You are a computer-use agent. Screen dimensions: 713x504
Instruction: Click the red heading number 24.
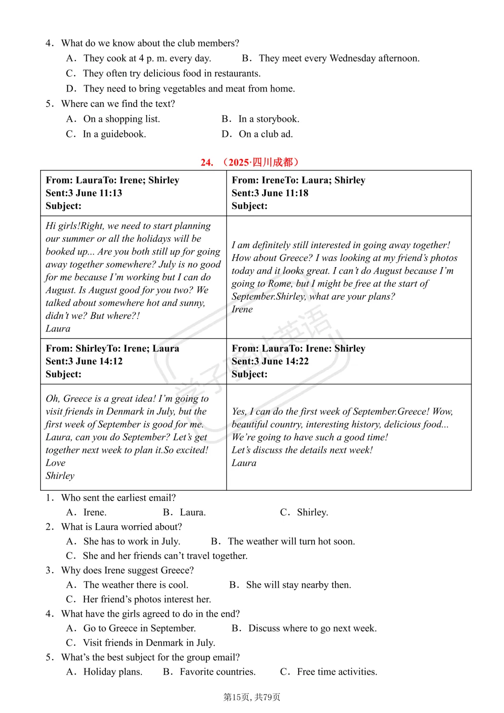(207, 162)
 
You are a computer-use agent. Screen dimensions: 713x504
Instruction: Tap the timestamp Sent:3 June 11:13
(84, 193)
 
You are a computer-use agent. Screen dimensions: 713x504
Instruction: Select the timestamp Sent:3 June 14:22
(270, 361)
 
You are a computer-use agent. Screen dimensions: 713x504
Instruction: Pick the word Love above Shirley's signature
(56, 463)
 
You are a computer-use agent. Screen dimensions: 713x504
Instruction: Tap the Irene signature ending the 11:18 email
(242, 309)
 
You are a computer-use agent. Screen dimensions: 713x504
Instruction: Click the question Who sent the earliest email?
(119, 498)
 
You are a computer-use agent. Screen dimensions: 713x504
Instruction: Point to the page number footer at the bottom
(252, 697)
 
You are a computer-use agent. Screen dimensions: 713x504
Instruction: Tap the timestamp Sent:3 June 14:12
(84, 361)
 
